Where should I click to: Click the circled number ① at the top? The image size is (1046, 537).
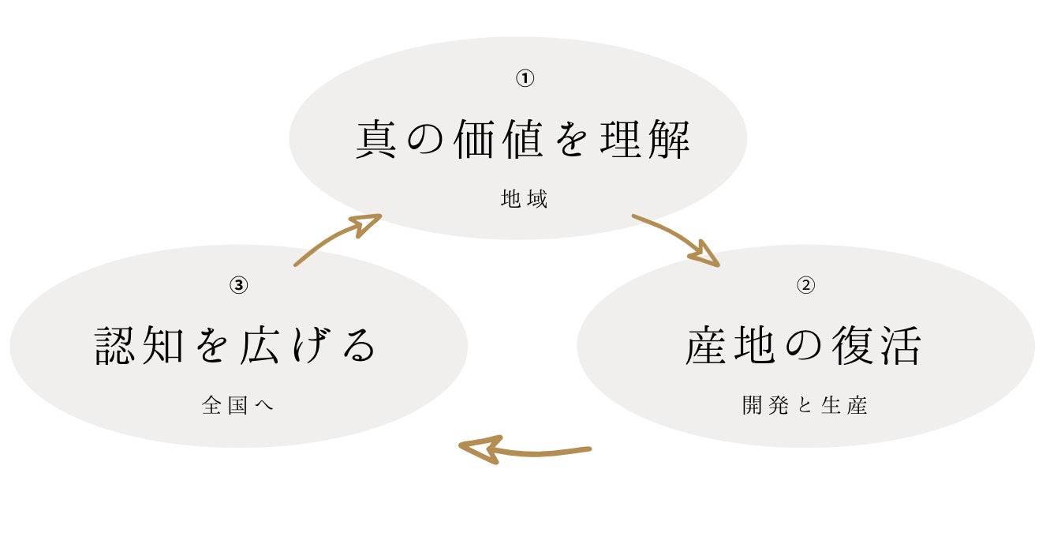click(525, 78)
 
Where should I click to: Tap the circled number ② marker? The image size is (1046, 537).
click(805, 285)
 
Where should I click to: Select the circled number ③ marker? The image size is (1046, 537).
click(239, 285)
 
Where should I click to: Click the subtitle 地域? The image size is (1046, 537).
click(524, 199)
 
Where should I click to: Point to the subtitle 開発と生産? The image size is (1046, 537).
click(805, 406)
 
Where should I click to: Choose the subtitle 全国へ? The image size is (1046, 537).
click(237, 406)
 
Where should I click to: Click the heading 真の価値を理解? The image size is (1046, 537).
click(523, 139)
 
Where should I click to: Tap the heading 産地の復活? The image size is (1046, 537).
click(803, 346)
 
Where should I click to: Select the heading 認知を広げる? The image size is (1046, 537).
click(237, 346)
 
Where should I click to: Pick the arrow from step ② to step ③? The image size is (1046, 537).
click(524, 450)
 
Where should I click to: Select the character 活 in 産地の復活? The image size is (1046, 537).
click(898, 346)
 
